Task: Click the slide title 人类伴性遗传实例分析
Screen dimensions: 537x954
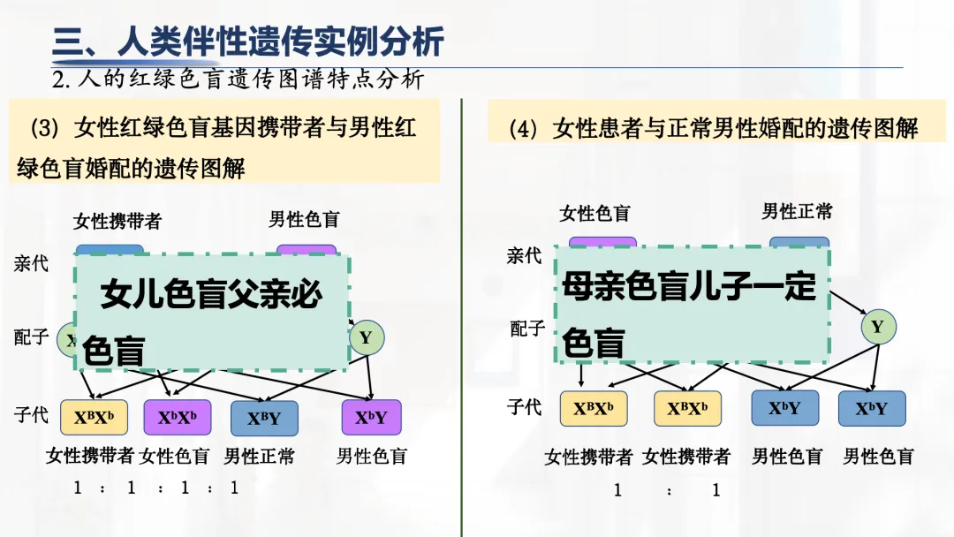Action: (248, 42)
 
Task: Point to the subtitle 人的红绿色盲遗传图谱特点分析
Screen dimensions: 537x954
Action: (238, 79)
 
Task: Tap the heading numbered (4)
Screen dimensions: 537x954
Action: (715, 128)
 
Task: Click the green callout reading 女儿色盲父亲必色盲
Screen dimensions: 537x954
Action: (212, 314)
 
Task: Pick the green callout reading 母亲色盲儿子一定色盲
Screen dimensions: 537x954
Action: (692, 305)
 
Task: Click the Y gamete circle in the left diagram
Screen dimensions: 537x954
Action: (367, 337)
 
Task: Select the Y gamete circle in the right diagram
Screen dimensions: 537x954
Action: (877, 327)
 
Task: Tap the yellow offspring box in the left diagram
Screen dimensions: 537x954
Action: (94, 418)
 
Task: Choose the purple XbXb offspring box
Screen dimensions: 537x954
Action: (178, 418)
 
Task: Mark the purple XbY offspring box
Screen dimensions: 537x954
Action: (371, 418)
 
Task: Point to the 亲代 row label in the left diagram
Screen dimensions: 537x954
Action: (32, 263)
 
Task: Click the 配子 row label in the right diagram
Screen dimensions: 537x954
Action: (527, 329)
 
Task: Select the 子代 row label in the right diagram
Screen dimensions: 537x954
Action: (524, 407)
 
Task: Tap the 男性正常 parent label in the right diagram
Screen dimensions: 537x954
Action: (797, 212)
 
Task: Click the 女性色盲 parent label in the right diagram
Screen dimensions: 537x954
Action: (594, 214)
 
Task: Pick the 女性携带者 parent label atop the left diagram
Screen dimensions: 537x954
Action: (117, 221)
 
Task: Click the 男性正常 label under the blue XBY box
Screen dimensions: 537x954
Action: (259, 457)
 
